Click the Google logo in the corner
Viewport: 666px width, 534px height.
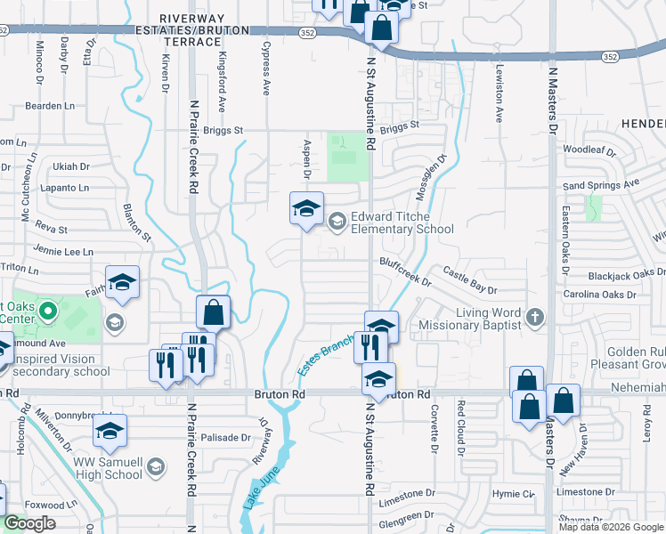click(x=28, y=523)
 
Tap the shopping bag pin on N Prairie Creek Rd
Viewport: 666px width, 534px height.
click(x=213, y=313)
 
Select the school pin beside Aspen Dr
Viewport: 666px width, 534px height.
click(x=306, y=210)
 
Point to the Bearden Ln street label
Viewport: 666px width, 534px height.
click(x=49, y=106)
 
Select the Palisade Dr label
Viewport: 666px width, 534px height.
click(x=226, y=437)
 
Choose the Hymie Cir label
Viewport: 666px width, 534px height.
click(x=516, y=493)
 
